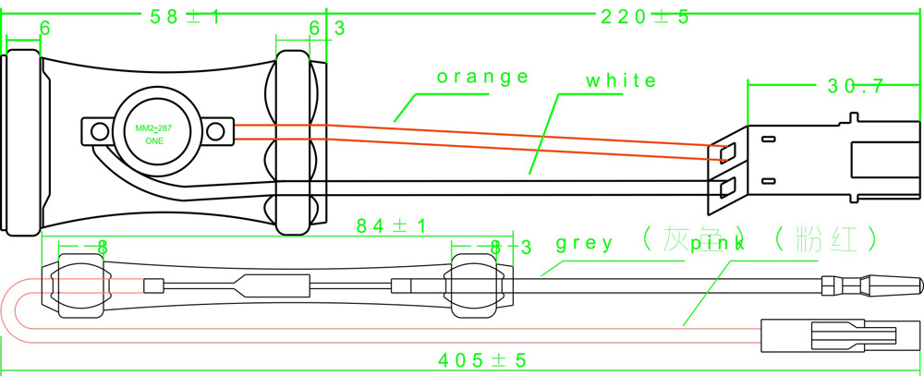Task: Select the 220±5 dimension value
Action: coord(645,16)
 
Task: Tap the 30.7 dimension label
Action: coord(855,86)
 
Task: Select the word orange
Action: coord(483,77)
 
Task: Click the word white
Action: coord(621,81)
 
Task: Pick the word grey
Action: coord(584,244)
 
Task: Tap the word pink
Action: coord(715,245)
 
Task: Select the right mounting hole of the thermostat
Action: coord(216,132)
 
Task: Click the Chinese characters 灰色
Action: coord(689,239)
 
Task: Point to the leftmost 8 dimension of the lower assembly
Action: coord(103,248)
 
